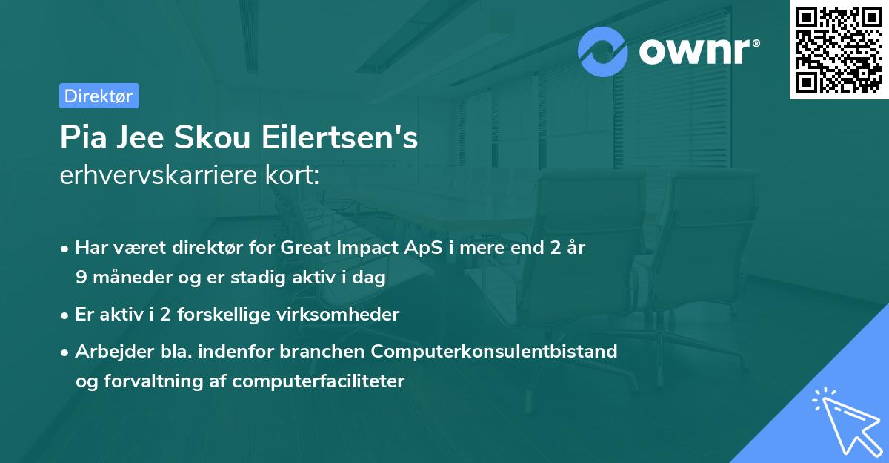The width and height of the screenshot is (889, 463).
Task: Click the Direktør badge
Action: [99, 96]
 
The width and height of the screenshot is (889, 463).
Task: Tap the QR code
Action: [838, 50]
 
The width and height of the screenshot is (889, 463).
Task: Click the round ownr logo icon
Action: [603, 51]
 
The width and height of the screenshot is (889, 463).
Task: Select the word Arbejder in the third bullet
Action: [107, 351]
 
